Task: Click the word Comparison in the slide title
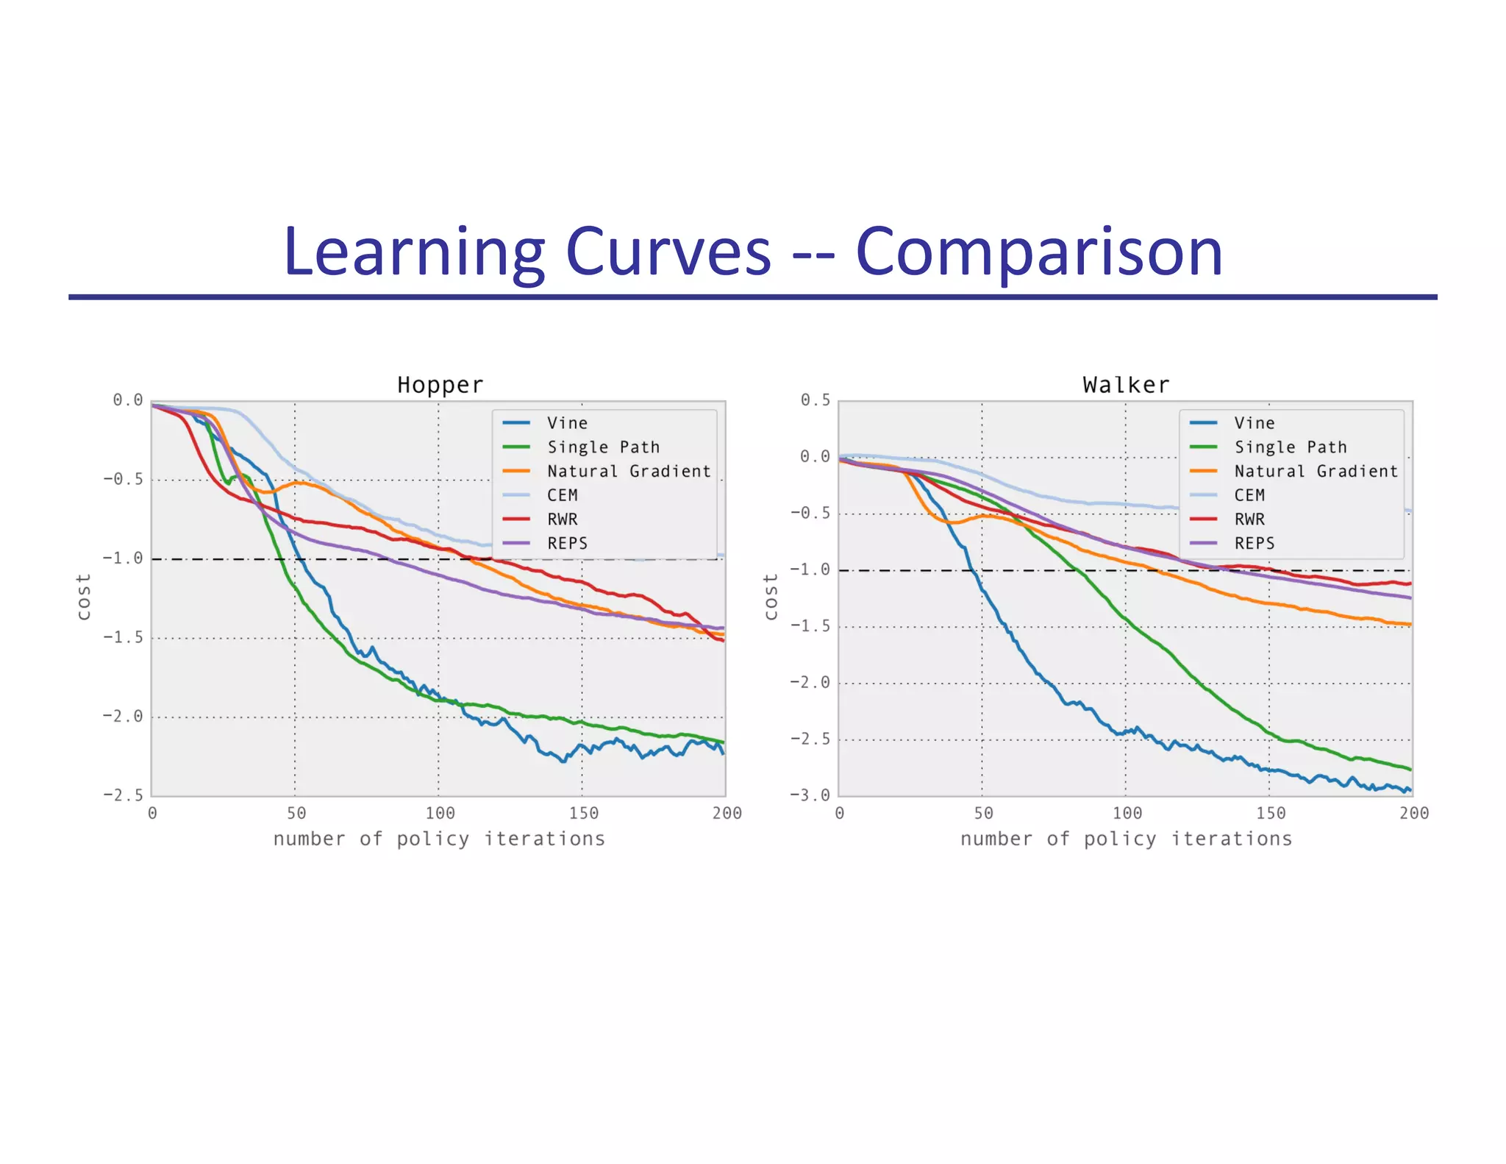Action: click(1039, 252)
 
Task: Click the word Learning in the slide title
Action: click(412, 252)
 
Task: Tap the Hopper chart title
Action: click(440, 385)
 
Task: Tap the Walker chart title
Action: click(1126, 385)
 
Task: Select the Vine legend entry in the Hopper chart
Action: click(566, 423)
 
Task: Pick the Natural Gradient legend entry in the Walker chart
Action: click(1316, 471)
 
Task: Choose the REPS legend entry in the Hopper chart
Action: click(566, 543)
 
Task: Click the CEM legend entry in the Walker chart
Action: click(1249, 495)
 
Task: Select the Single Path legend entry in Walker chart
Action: click(1290, 447)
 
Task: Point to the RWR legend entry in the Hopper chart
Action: click(562, 519)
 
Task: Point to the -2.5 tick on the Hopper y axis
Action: click(123, 795)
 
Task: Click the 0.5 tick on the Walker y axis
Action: click(815, 400)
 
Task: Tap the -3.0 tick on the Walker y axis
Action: click(810, 795)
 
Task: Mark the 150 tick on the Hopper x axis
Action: click(583, 813)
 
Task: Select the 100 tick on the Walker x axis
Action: click(1127, 813)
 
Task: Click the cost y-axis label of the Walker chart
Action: click(771, 597)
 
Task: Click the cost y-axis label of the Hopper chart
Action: click(84, 597)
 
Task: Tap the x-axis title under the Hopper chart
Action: click(439, 839)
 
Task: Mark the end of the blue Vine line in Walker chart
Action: click(1410, 790)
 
